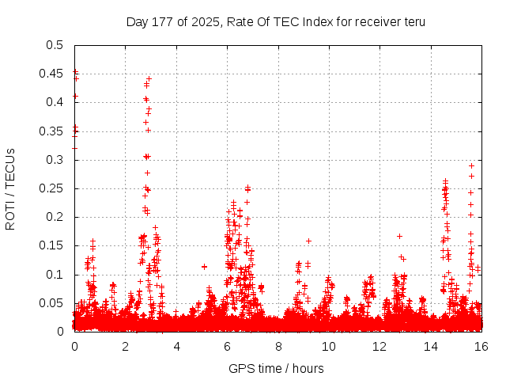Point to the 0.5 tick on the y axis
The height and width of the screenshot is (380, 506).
pyautogui.click(x=55, y=45)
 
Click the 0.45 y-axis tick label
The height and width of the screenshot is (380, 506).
pyautogui.click(x=51, y=74)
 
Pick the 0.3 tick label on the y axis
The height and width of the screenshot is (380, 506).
pyautogui.click(x=55, y=160)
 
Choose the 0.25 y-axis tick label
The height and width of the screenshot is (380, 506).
pyautogui.click(x=51, y=188)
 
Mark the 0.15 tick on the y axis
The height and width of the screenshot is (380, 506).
pyautogui.click(x=51, y=246)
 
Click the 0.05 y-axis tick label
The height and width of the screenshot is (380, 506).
pyautogui.click(x=51, y=303)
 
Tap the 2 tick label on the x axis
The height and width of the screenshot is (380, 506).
pyautogui.click(x=125, y=346)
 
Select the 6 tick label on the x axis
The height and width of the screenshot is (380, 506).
pyautogui.click(x=227, y=346)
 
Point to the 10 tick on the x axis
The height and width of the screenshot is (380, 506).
pyautogui.click(x=329, y=346)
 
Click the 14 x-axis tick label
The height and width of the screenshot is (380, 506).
pyautogui.click(x=430, y=346)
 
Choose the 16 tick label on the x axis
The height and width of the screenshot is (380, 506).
pyautogui.click(x=481, y=346)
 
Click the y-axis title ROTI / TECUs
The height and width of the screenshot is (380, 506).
pyautogui.click(x=11, y=188)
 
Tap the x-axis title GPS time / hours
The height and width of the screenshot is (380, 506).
pyautogui.click(x=277, y=368)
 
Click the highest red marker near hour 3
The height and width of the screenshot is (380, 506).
pyautogui.click(x=149, y=79)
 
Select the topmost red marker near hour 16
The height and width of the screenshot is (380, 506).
pyautogui.click(x=472, y=165)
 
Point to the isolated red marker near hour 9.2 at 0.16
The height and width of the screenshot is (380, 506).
pyautogui.click(x=308, y=241)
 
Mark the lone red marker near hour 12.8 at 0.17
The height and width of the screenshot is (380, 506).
pyautogui.click(x=399, y=236)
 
